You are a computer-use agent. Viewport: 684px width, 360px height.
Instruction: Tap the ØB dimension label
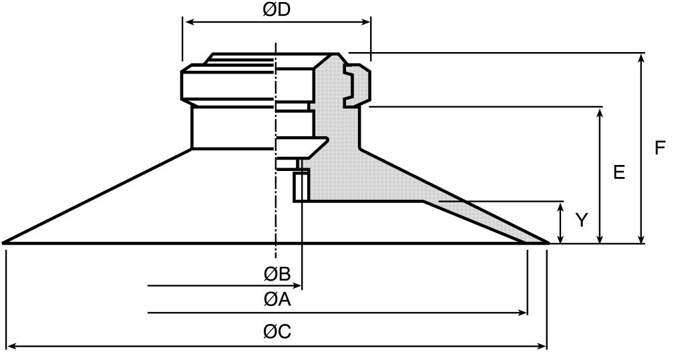(276, 274)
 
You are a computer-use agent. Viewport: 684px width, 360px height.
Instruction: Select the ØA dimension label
(277, 301)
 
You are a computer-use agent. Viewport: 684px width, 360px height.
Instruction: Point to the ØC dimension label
(277, 332)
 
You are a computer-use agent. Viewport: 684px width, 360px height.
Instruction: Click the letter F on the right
(660, 148)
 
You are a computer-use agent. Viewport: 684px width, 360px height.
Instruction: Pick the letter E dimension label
(619, 172)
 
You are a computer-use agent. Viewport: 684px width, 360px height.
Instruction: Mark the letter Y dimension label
(582, 220)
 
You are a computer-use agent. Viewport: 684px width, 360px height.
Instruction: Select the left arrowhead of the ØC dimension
(11, 346)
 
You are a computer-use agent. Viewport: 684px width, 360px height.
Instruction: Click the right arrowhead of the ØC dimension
(542, 346)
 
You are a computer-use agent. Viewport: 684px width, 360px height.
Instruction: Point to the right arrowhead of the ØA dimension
(523, 313)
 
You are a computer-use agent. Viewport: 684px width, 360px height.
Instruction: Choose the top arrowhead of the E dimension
(601, 112)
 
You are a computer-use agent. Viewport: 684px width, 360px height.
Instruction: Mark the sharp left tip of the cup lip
(5, 242)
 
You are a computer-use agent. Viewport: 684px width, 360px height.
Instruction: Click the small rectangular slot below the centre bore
(301, 185)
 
